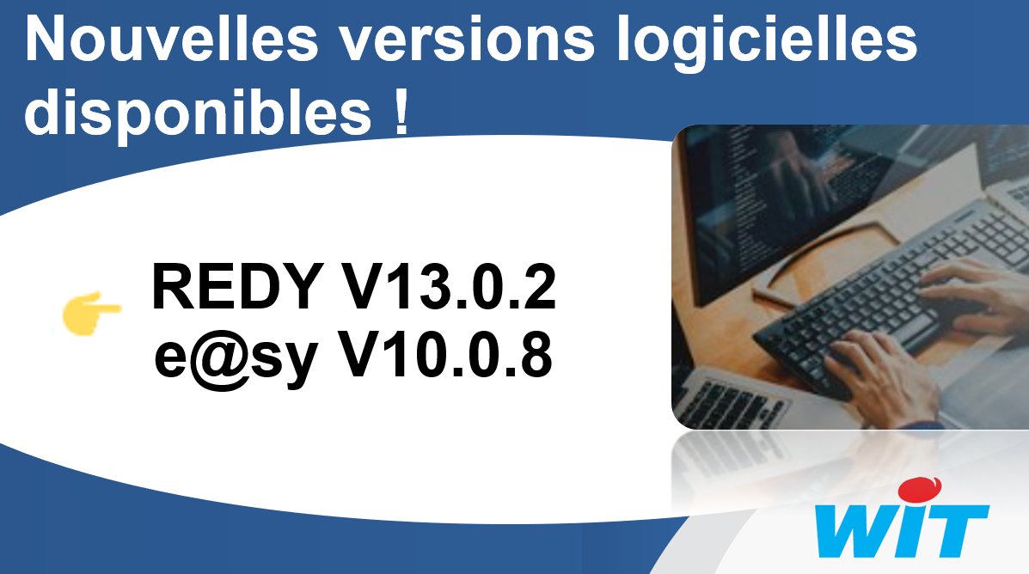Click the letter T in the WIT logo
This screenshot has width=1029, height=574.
(953, 528)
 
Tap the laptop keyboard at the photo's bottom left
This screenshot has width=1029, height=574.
(731, 400)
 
